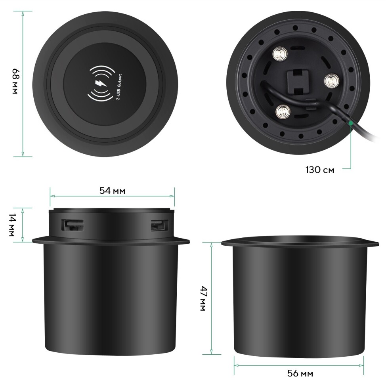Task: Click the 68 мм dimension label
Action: [15, 81]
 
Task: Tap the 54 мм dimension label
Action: [112, 191]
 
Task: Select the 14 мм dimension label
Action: [12, 225]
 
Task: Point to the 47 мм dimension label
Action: [204, 298]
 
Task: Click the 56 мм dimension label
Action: [300, 373]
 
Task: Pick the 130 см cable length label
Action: [320, 170]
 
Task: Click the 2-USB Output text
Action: [118, 87]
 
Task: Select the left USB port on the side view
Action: [73, 225]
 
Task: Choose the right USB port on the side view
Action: [160, 225]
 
